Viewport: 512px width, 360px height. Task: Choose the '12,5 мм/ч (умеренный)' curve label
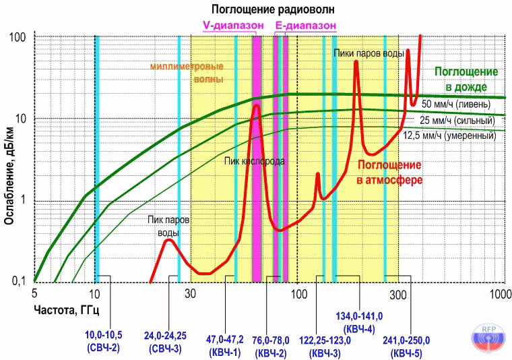tap(449, 136)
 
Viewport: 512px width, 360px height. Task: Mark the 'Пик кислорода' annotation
tap(254, 162)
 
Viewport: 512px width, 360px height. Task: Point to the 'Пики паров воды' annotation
tap(369, 53)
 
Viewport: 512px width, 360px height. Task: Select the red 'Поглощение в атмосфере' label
tap(389, 172)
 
